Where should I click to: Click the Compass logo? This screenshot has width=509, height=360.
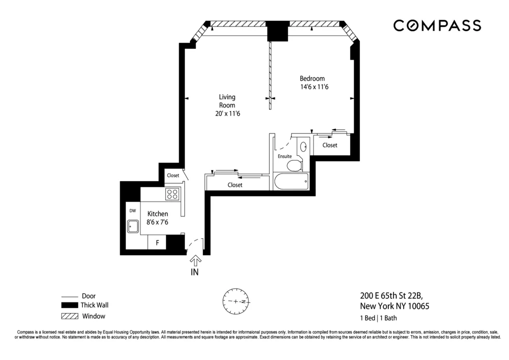[x=437, y=25]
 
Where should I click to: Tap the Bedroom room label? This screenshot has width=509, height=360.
[x=312, y=78]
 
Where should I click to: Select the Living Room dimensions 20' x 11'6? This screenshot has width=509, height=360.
[x=227, y=114]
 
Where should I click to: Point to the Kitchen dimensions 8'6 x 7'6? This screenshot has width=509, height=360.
[x=158, y=223]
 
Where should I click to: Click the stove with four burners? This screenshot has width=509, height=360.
[x=173, y=194]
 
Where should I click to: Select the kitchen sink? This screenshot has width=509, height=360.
[x=133, y=226]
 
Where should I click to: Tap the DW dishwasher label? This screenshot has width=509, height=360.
[x=132, y=210]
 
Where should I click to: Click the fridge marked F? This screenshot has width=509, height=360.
[x=157, y=243]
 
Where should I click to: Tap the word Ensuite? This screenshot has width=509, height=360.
[x=285, y=156]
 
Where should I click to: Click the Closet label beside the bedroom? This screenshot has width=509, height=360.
[x=330, y=146]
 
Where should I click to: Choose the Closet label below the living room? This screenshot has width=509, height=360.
[x=235, y=185]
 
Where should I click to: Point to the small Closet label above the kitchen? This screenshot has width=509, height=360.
[x=173, y=176]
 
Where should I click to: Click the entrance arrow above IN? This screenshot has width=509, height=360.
[x=195, y=260]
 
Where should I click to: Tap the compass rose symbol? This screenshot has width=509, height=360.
[x=236, y=301]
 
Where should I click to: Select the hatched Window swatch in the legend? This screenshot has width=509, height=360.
[x=68, y=316]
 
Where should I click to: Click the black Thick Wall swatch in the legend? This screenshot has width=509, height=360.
[x=68, y=306]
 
